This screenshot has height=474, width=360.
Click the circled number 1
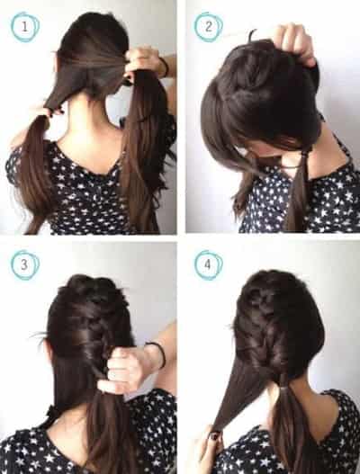tap(25, 27)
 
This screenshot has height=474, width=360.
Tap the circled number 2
tap(209, 27)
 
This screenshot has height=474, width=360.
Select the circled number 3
tap(24, 265)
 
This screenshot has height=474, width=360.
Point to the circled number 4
tap(208, 265)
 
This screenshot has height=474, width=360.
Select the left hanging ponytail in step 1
tap(33, 173)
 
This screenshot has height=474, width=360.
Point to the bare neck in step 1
tap(91, 127)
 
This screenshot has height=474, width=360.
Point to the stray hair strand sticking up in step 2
tap(251, 36)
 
